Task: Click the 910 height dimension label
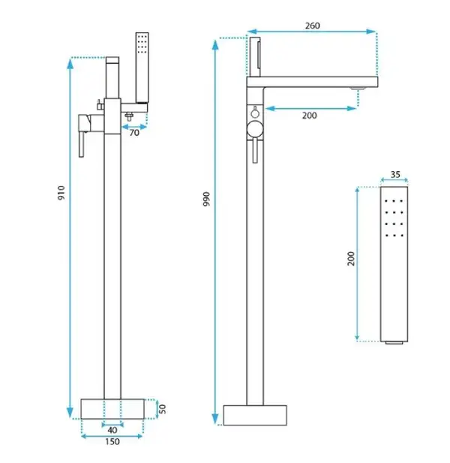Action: pyautogui.click(x=61, y=193)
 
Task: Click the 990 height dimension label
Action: pyautogui.click(x=206, y=199)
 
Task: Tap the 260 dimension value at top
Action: pyautogui.click(x=312, y=26)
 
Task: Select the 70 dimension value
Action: pyautogui.click(x=134, y=133)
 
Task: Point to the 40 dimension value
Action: pyautogui.click(x=112, y=430)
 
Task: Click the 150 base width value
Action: pyautogui.click(x=112, y=442)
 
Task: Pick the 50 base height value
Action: pyautogui.click(x=162, y=409)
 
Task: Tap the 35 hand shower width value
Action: pyautogui.click(x=395, y=175)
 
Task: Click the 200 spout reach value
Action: pyautogui.click(x=309, y=116)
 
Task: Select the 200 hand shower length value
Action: pyautogui.click(x=351, y=259)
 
